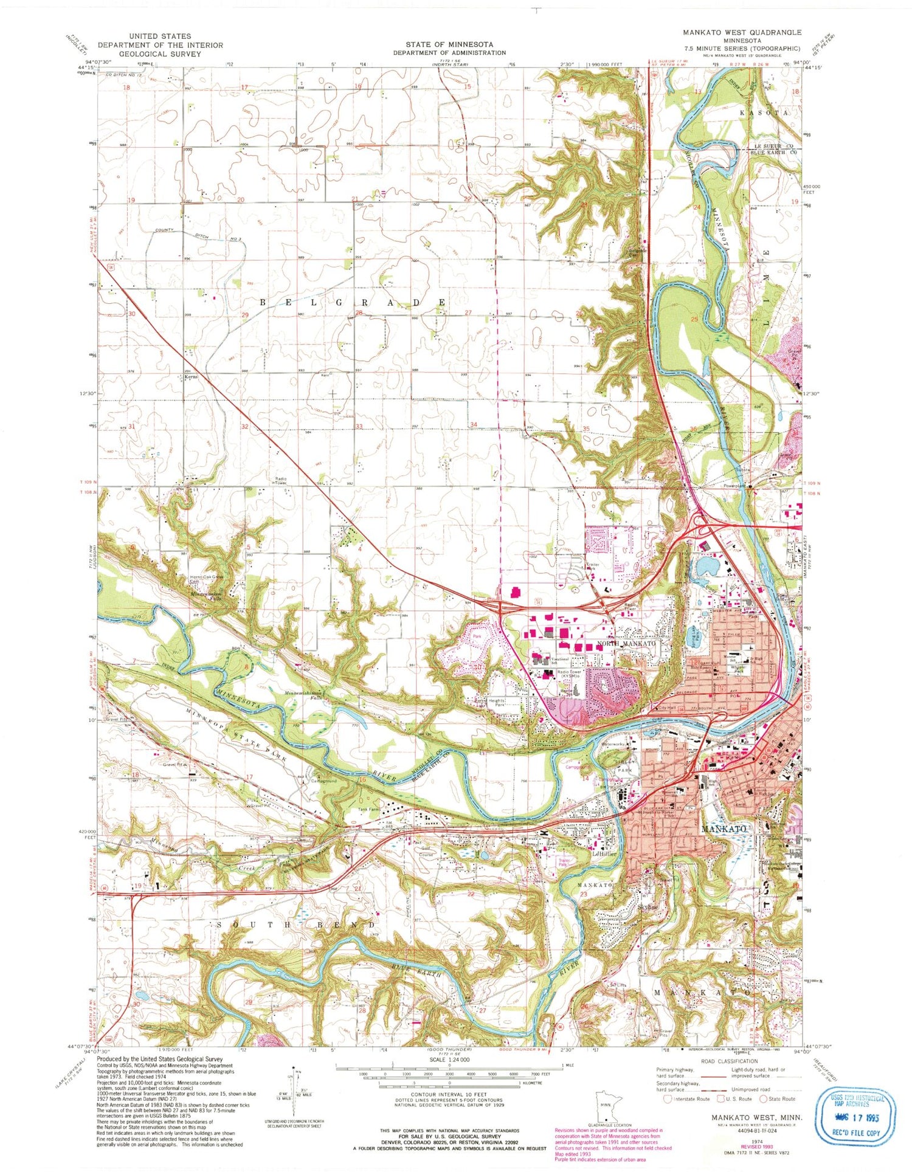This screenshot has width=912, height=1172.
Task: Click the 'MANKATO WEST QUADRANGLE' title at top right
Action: (741, 32)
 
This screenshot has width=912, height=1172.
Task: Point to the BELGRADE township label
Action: (353, 302)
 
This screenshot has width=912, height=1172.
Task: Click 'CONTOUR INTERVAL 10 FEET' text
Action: (449, 1095)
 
